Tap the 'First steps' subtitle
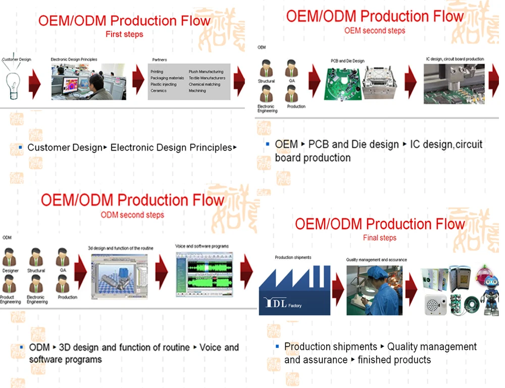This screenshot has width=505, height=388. coord(124,34)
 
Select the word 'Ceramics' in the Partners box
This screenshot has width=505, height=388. coord(159,91)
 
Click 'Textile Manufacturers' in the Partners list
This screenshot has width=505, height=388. coord(207,78)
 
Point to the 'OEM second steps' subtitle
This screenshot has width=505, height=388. coord(375,30)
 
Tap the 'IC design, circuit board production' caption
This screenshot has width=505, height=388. coord(454,59)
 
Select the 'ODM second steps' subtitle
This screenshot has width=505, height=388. coord(132,215)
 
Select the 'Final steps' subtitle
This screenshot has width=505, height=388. coord(380,238)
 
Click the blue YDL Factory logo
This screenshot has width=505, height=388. coord(294,291)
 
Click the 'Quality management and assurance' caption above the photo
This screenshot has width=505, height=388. coord(376,260)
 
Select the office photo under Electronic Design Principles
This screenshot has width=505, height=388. coord(88,81)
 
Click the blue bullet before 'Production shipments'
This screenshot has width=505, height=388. coord(277,347)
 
